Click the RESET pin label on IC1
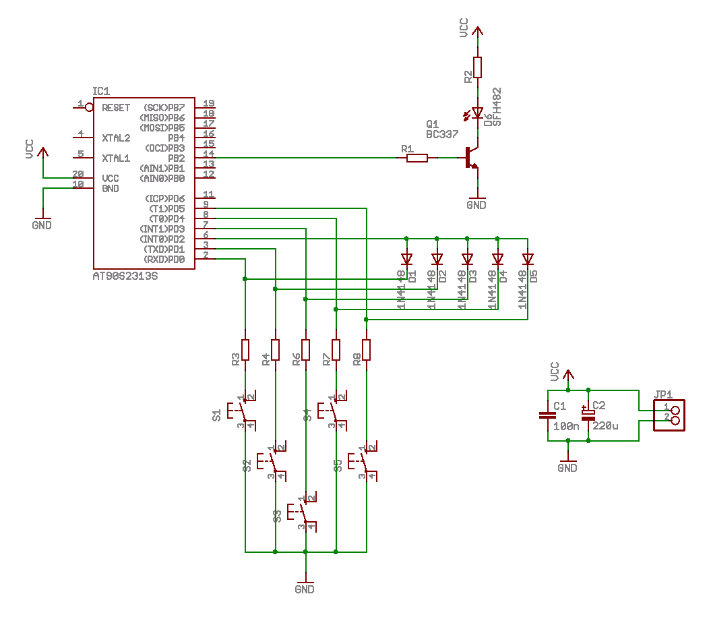pos(116,108)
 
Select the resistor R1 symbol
pos(417,158)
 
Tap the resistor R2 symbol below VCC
pos(478,67)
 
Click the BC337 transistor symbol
pos(471,158)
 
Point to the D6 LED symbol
pos(478,113)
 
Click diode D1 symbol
pos(406,258)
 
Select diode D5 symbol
pos(528,258)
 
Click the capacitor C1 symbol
pos(547,415)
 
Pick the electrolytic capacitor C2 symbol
pos(588,415)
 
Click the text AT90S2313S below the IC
pos(125,276)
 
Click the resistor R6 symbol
pos(305,350)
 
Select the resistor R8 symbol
pos(366,350)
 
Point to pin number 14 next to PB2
pos(209,154)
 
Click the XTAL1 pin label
pos(116,158)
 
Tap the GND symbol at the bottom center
pos(305,585)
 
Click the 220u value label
pos(605,426)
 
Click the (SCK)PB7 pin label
pos(164,108)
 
